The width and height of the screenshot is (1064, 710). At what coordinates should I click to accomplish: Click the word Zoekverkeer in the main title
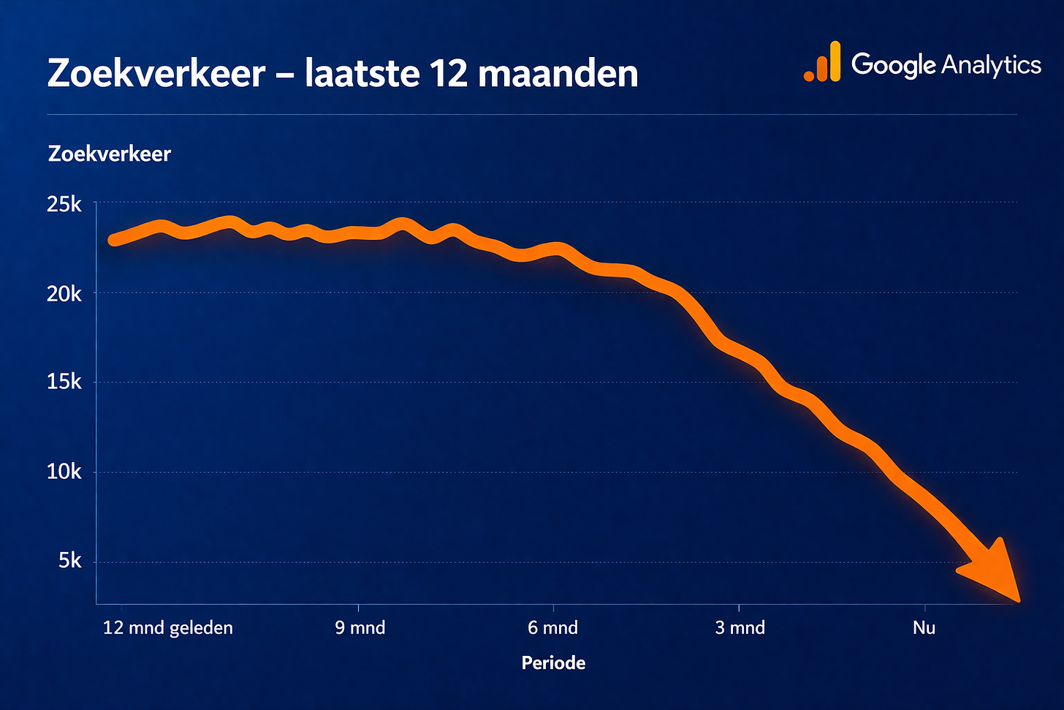point(156,74)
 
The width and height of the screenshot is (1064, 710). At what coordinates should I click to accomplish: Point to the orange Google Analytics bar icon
point(823,62)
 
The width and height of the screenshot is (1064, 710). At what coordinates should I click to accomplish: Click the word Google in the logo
point(893,65)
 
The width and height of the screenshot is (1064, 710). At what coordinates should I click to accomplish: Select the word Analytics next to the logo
point(991,65)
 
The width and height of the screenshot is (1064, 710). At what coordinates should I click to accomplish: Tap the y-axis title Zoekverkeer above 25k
point(109,154)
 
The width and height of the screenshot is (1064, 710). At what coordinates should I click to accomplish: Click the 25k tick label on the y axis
point(64,205)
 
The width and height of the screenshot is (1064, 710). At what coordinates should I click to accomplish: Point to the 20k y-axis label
point(64,294)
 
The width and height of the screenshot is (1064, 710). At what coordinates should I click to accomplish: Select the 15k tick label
point(64,382)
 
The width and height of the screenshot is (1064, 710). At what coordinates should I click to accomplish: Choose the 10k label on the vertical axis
point(64,472)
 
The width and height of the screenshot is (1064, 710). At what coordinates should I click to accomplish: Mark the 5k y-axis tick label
point(69,561)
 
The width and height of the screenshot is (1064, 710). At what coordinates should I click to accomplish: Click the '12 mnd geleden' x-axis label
point(168,627)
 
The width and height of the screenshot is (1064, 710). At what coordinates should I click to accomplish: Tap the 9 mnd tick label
point(360,627)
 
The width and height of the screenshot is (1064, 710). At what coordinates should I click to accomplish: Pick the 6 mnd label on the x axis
point(552,627)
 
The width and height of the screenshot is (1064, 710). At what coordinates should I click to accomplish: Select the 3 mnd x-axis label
point(740,627)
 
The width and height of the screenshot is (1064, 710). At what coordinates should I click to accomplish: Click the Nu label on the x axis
point(924,627)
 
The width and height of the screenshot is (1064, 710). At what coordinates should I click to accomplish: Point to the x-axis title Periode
point(553,662)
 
